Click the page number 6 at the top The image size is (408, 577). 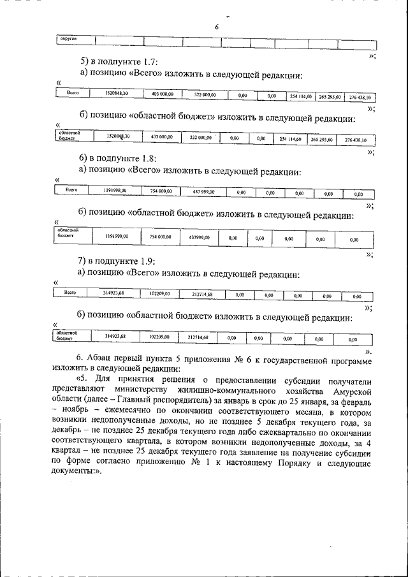tap(216, 27)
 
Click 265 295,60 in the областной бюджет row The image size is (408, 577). tap(321, 138)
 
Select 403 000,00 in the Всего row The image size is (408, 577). tap(162, 94)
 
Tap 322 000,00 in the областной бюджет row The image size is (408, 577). tap(201, 137)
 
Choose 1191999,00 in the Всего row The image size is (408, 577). tap(115, 191)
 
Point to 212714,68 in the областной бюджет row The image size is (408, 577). tap(198, 336)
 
